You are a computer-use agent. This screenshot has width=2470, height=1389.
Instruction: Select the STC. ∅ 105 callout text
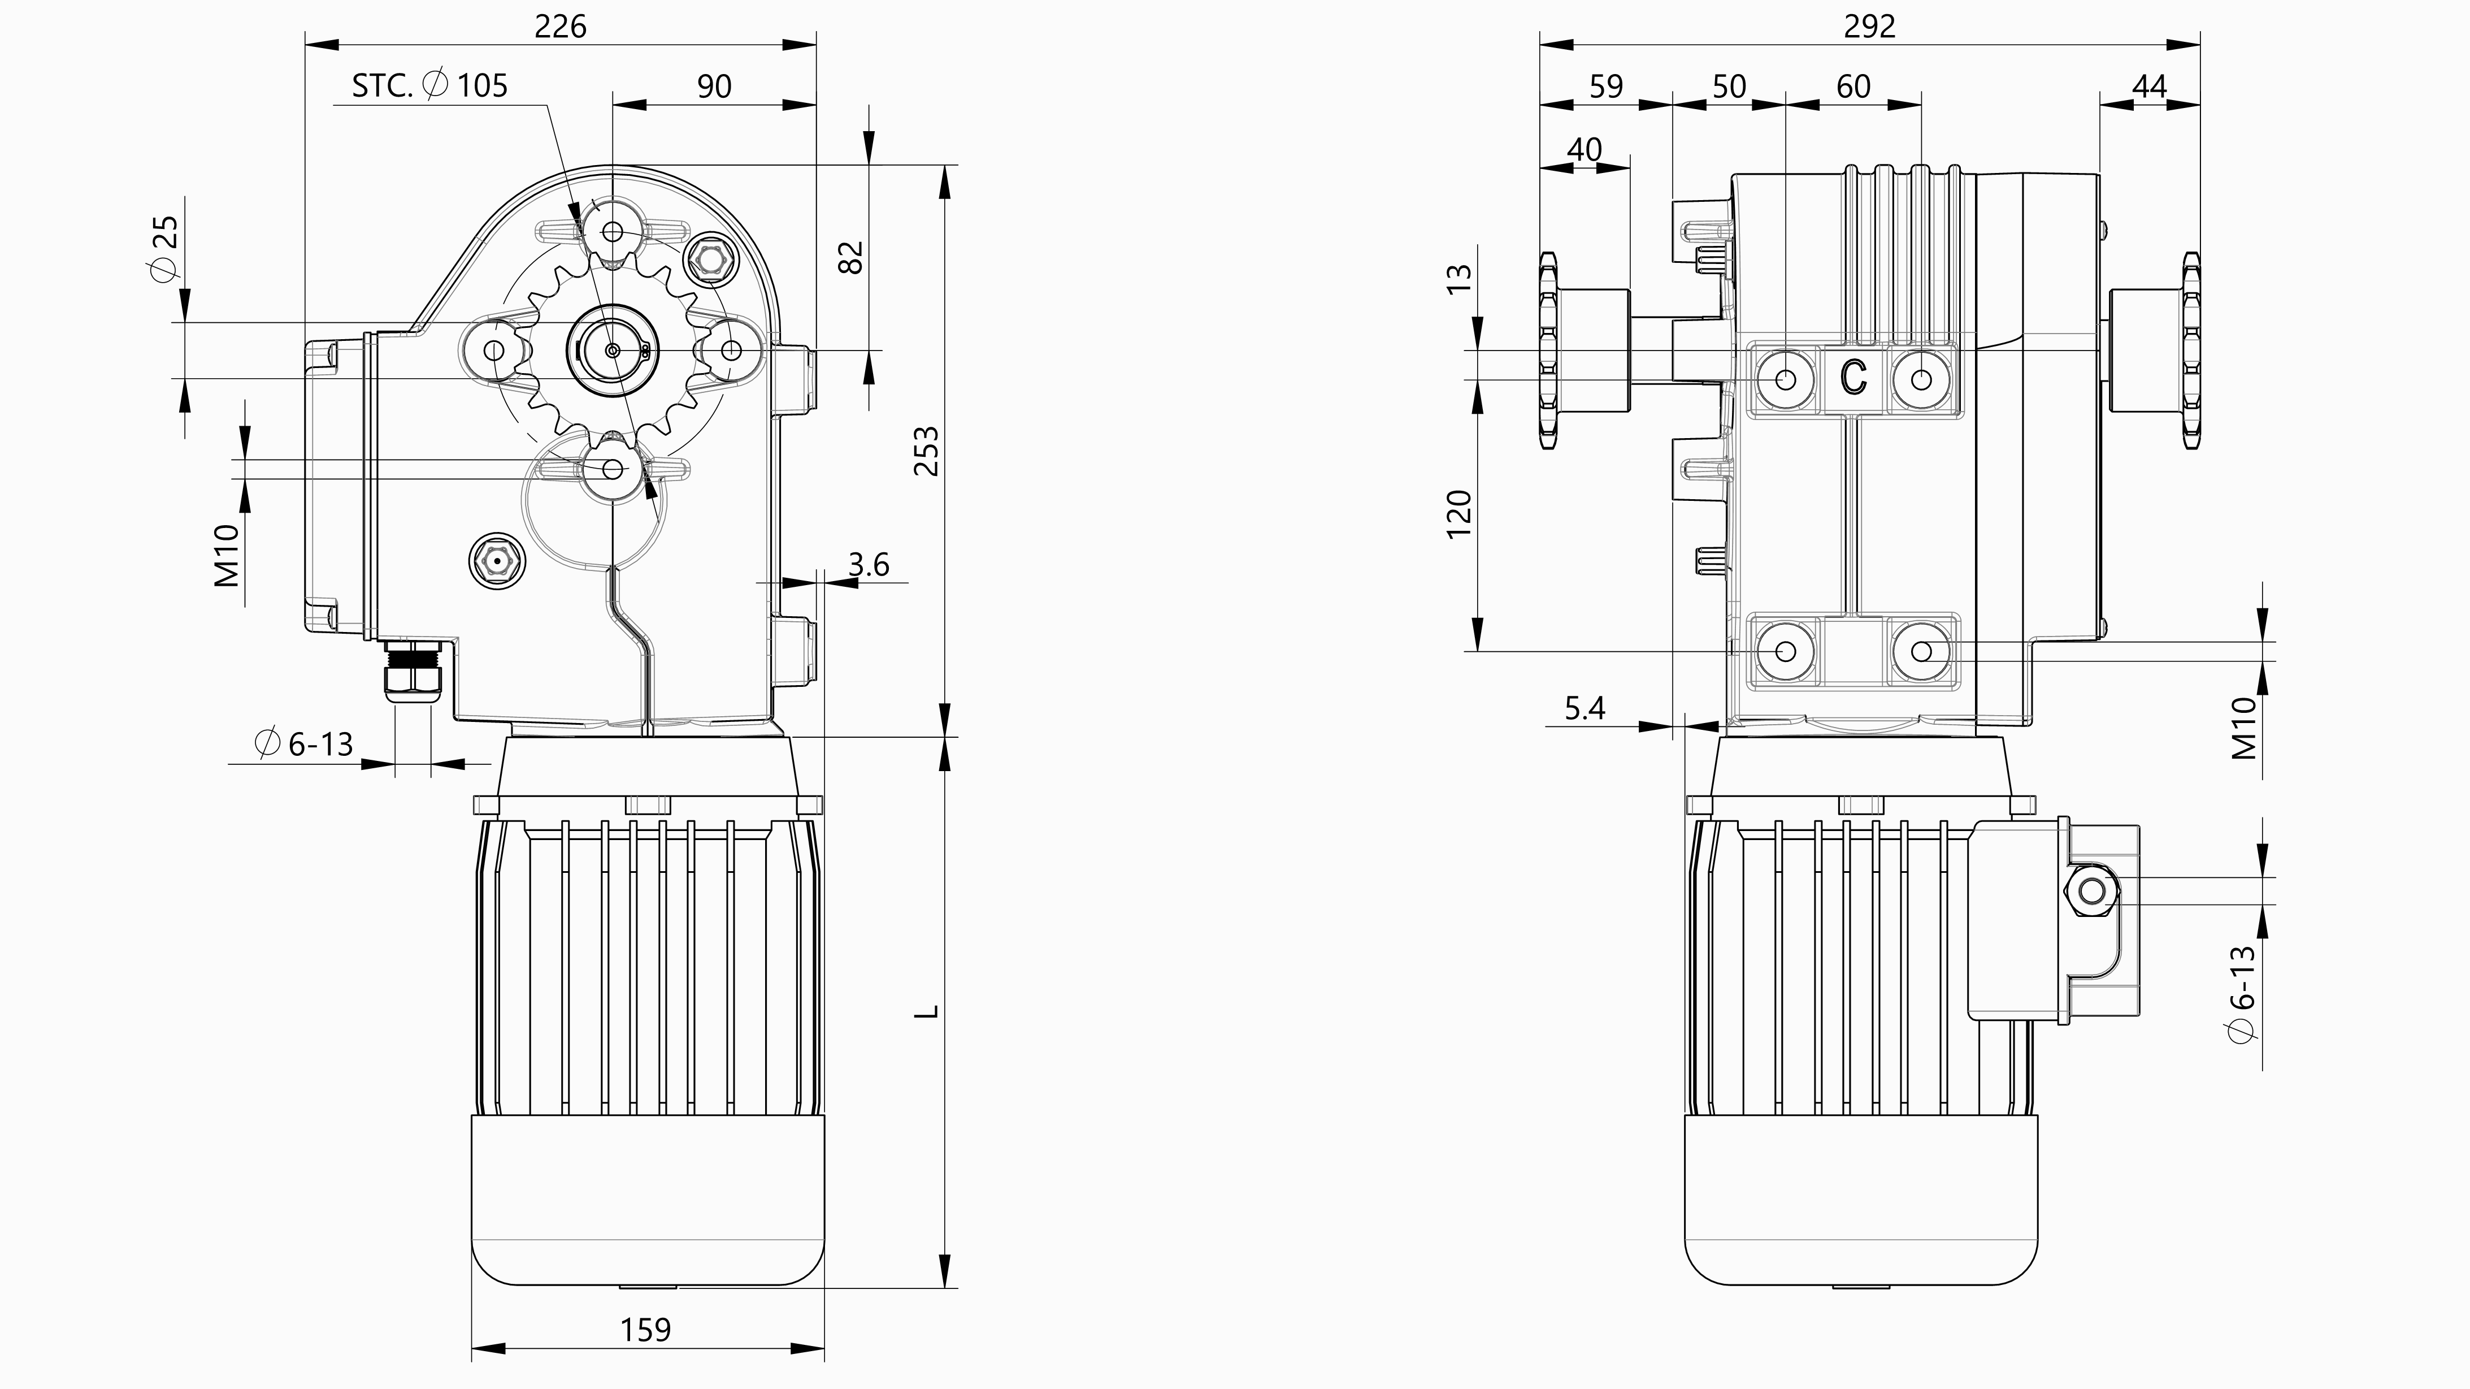pyautogui.click(x=429, y=85)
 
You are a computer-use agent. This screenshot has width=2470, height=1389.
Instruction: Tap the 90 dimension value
pyautogui.click(x=714, y=86)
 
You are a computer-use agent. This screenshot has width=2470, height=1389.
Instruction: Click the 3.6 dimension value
pyautogui.click(x=869, y=564)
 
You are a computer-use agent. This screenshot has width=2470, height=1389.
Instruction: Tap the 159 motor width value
pyautogui.click(x=645, y=1330)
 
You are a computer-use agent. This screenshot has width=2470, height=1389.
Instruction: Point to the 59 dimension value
pyautogui.click(x=1606, y=86)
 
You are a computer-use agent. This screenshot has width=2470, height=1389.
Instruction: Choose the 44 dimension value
pyautogui.click(x=2149, y=86)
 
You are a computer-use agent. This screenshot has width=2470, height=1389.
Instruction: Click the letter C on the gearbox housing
pyautogui.click(x=1853, y=377)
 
